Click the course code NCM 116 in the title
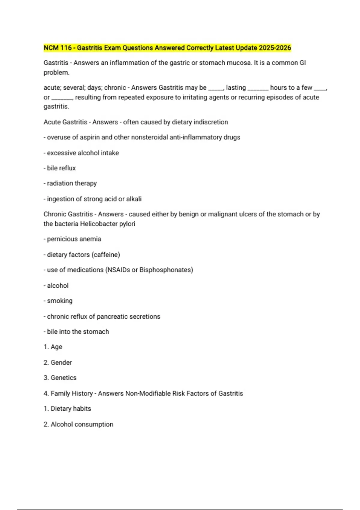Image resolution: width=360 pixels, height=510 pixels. pos(58,48)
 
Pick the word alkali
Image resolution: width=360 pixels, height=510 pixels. pos(134,199)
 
